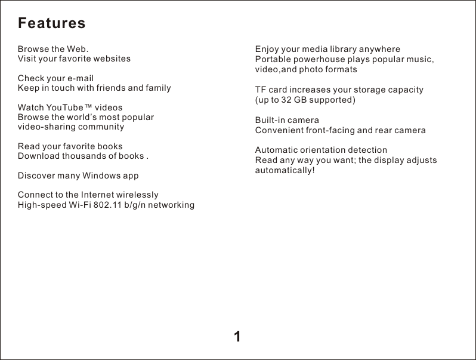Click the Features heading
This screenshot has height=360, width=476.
(52, 23)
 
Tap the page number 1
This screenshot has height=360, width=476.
(237, 337)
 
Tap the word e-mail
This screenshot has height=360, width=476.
(81, 78)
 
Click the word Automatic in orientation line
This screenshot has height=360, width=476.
(277, 150)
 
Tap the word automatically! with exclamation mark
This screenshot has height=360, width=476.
(285, 170)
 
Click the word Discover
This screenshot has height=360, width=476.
(35, 176)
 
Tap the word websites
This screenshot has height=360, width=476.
(110, 59)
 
